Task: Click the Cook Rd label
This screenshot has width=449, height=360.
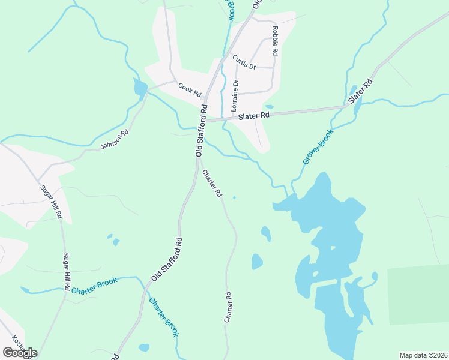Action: [189, 89]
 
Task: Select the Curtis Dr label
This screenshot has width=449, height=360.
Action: [244, 62]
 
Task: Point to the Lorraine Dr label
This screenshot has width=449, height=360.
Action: [235, 97]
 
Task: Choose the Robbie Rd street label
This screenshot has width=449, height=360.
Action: [275, 41]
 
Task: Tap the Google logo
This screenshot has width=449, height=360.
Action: [20, 353]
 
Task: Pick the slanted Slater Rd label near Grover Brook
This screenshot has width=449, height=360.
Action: [361, 90]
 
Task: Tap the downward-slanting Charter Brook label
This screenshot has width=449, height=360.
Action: [164, 317]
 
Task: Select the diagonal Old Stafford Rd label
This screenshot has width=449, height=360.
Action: [167, 259]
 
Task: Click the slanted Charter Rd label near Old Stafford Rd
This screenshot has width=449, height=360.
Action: [212, 184]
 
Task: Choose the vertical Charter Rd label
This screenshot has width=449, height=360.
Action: [228, 308]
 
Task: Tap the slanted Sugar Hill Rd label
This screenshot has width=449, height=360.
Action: [51, 201]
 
